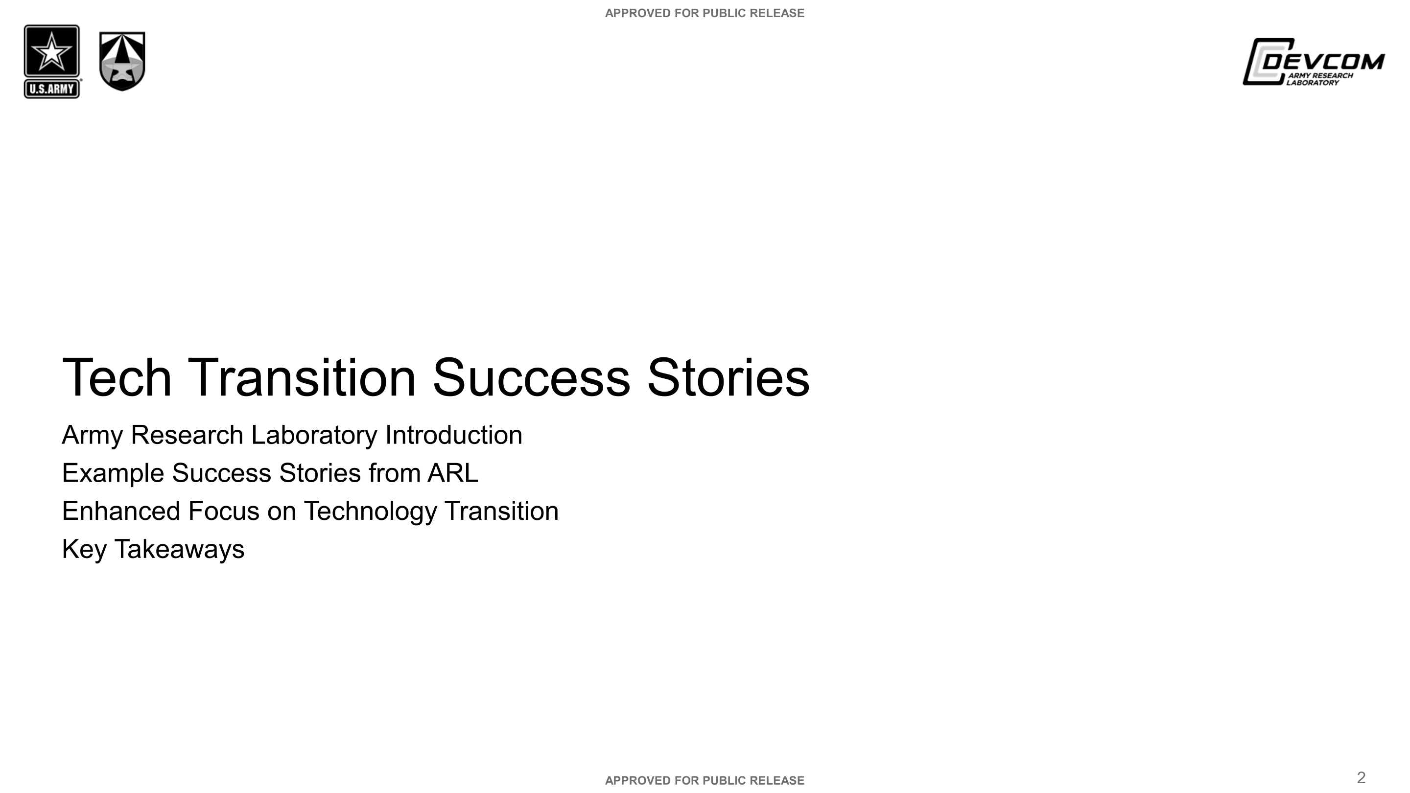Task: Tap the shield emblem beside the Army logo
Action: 122,61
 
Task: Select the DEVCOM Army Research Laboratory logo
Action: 1313,62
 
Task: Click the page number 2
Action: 1361,778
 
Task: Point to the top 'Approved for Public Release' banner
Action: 705,13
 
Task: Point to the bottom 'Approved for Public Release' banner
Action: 705,780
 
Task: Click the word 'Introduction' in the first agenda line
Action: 454,436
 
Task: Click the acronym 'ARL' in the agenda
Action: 453,473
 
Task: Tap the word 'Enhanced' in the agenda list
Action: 121,511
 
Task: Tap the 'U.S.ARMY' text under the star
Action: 51,89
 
